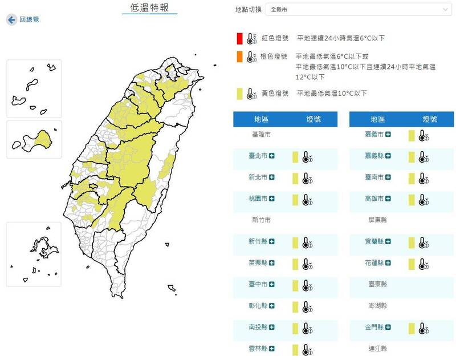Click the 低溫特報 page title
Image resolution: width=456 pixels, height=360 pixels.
(150, 8)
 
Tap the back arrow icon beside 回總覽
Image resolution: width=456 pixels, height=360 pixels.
(11, 19)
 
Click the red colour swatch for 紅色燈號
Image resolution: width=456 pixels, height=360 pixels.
(241, 38)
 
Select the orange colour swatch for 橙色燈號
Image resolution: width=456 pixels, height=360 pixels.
(241, 56)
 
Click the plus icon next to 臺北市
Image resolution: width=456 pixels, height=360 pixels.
(272, 156)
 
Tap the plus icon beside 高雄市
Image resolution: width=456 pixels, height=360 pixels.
(388, 199)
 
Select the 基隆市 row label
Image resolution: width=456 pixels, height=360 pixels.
(261, 135)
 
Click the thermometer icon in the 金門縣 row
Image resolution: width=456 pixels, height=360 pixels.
(422, 328)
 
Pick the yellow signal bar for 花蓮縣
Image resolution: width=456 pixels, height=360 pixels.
(412, 264)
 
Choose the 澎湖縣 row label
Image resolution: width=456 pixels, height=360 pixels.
(378, 306)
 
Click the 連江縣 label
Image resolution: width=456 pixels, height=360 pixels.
(378, 348)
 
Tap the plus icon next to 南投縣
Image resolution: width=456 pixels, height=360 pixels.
(272, 327)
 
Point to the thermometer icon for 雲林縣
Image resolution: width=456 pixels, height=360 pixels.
(306, 349)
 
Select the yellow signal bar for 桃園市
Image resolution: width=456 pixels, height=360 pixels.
(295, 200)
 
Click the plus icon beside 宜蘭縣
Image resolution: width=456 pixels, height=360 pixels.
(388, 241)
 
